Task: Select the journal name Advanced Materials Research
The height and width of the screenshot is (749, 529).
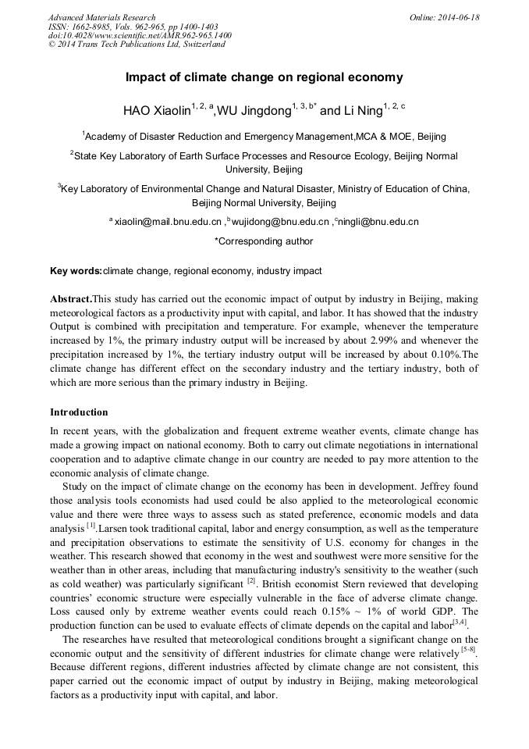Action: pos(101,17)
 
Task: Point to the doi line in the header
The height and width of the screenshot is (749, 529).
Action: pos(140,36)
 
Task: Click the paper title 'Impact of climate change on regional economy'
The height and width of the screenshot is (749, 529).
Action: pos(264,77)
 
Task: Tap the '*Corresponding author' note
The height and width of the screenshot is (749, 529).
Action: pos(264,241)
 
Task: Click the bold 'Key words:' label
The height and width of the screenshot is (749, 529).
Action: pos(76,271)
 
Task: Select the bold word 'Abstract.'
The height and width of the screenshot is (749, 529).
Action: pos(71,299)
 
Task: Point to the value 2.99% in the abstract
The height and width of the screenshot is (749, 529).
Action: pos(348,341)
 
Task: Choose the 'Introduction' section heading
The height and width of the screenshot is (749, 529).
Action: pos(79,412)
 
